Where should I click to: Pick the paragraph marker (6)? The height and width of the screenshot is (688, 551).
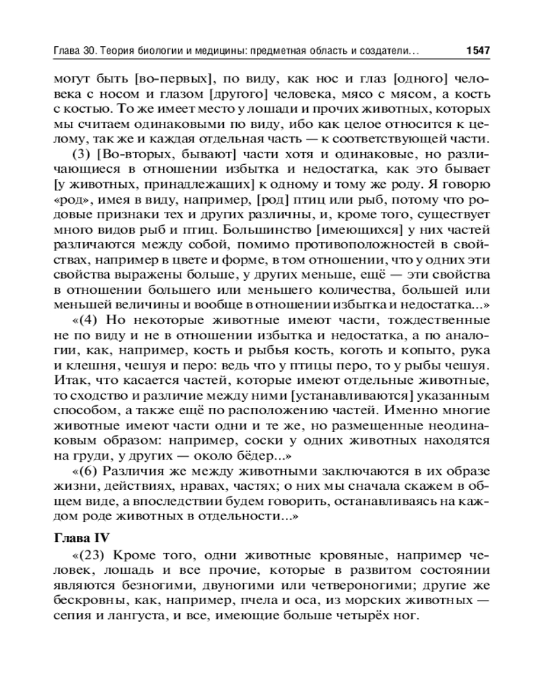(87, 470)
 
